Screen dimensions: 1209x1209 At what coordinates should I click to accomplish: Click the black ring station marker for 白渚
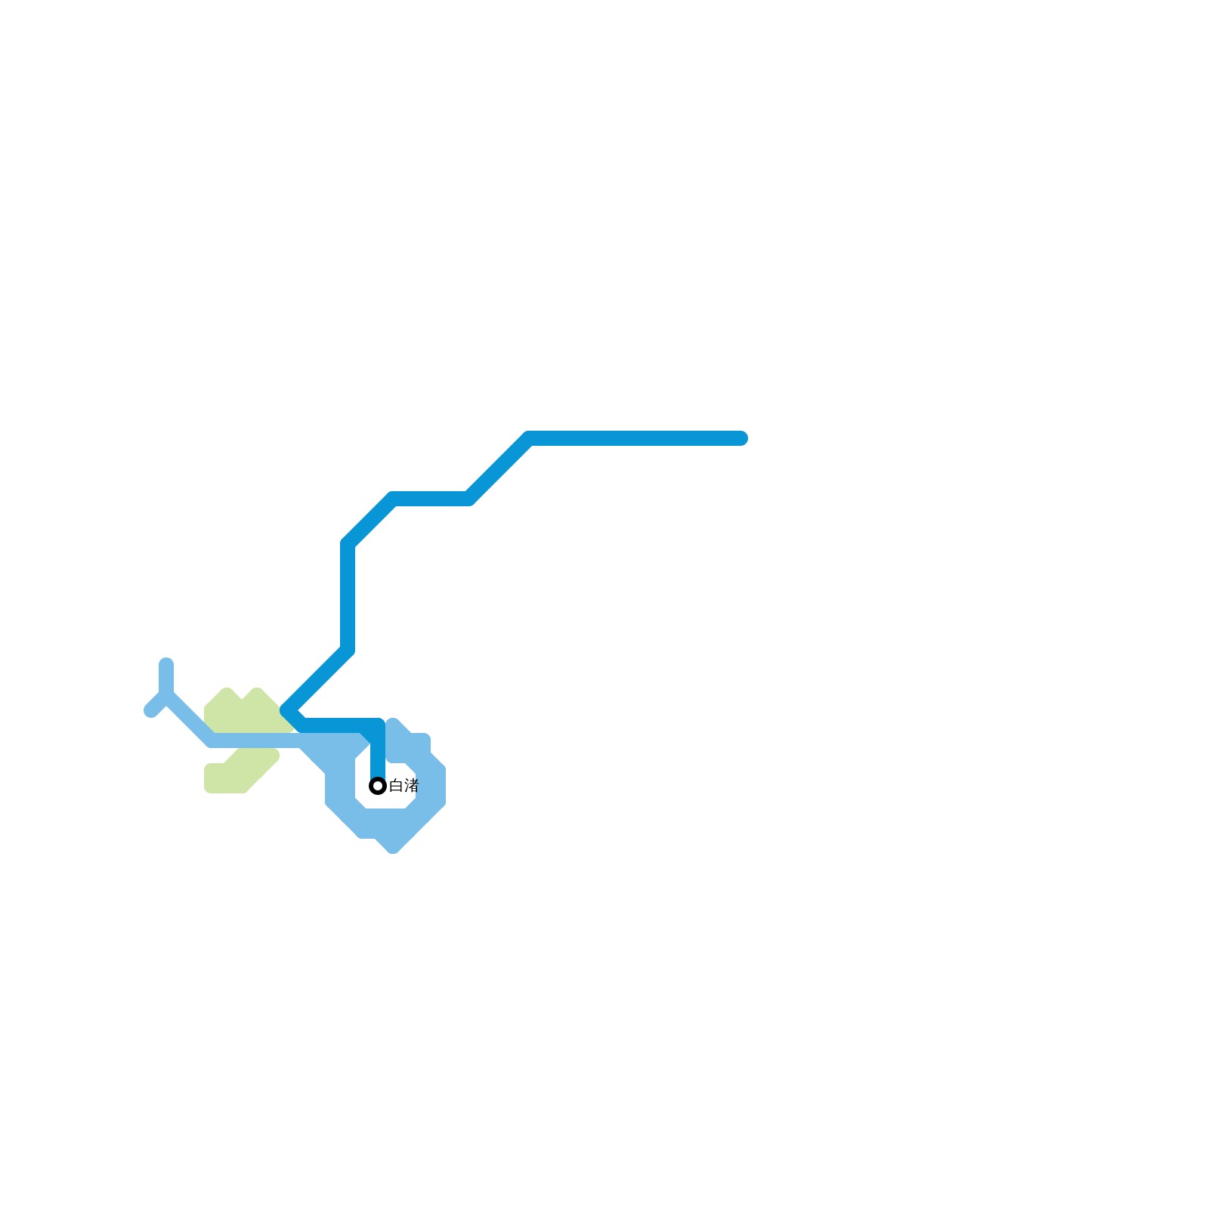(378, 786)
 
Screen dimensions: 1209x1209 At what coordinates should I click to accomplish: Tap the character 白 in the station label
(396, 786)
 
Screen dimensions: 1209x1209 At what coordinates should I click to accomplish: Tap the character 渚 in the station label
(410, 786)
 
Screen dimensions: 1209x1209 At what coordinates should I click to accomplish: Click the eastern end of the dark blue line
(742, 438)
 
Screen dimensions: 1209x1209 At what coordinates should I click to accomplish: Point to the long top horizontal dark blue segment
(635, 438)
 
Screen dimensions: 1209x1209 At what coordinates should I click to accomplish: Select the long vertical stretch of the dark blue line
(348, 597)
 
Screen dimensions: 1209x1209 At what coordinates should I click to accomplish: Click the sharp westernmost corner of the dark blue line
(286, 710)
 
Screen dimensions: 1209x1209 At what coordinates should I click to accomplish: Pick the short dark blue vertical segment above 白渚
(378, 752)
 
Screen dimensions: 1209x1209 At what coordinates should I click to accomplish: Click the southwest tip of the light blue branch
(150, 711)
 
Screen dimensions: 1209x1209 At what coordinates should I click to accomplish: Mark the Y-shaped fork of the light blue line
(166, 694)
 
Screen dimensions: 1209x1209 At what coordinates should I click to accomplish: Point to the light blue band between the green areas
(257, 741)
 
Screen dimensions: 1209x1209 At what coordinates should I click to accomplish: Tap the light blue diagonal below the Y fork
(189, 718)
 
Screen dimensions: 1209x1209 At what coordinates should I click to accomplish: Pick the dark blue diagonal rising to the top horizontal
(499, 468)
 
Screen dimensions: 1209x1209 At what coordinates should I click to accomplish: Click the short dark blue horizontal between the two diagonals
(431, 499)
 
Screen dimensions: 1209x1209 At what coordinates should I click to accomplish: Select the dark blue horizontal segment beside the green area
(340, 725)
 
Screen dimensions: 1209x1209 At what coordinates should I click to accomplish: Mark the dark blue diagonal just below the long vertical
(317, 680)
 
